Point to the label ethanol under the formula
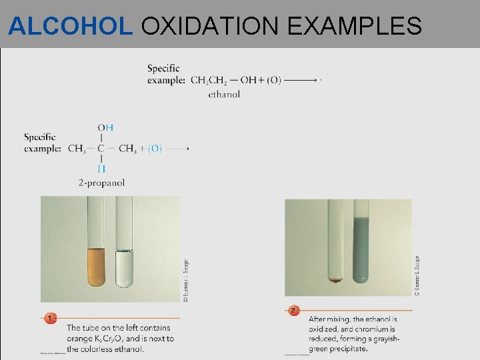tap(224, 94)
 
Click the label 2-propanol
tap(101, 182)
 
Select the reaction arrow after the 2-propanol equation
tap(178, 149)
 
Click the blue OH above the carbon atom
tap(105, 127)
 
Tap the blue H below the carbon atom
tap(101, 169)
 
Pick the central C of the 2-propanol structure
tap(101, 149)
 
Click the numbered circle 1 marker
tap(51, 318)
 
